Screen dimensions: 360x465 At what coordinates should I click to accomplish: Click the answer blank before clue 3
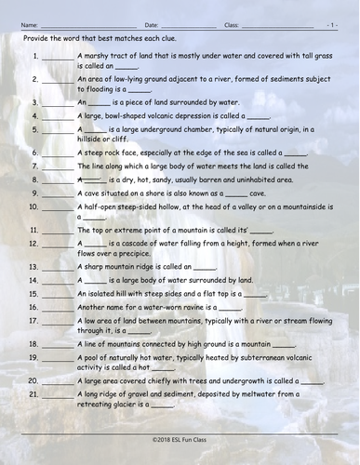pyautogui.click(x=58, y=101)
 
